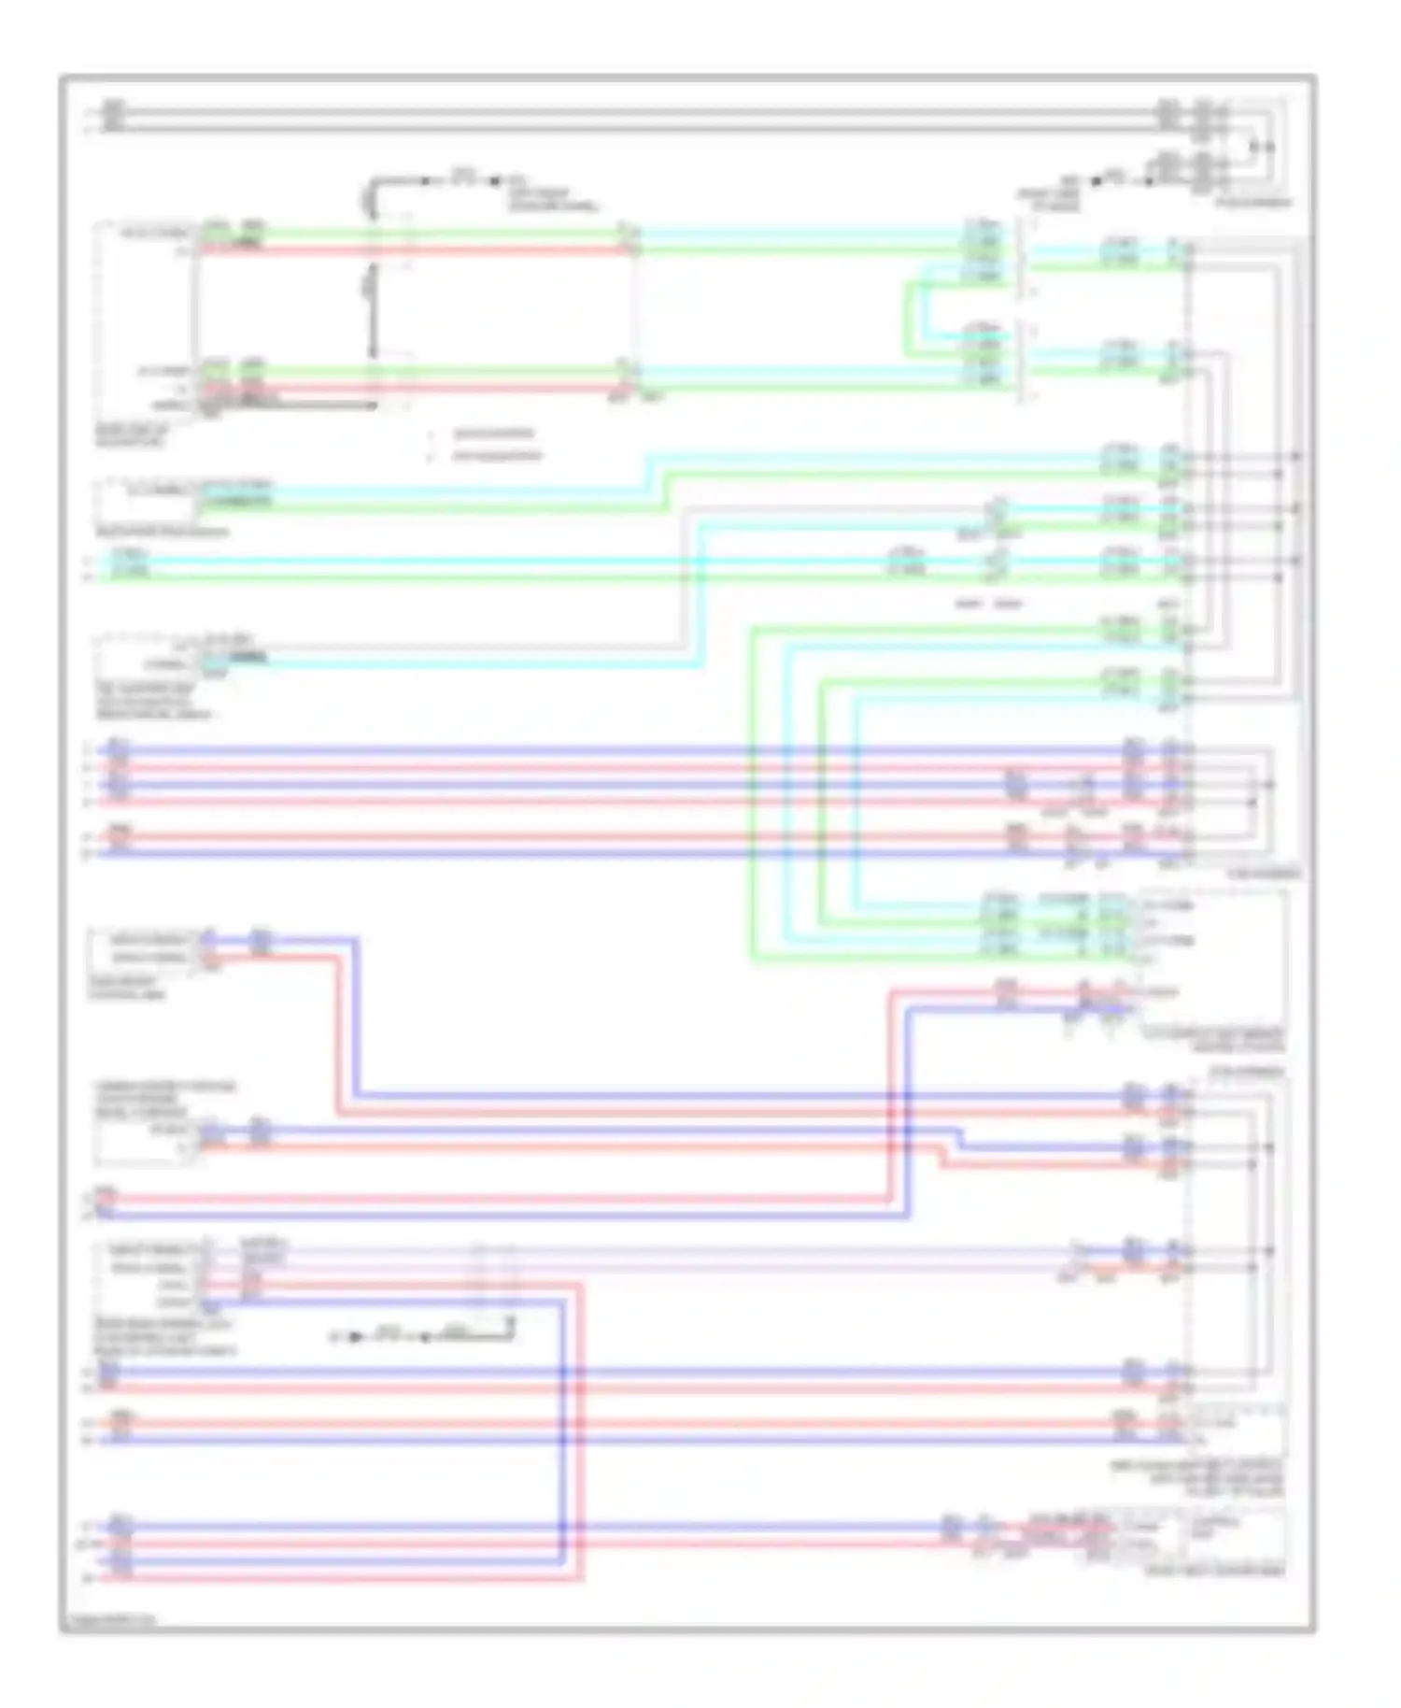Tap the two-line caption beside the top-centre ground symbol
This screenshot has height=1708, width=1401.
click(x=552, y=199)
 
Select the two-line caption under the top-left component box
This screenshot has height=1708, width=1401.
click(x=132, y=435)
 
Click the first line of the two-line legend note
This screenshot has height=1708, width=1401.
click(x=493, y=434)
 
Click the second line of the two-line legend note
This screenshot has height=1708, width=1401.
click(x=496, y=456)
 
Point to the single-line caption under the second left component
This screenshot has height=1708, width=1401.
click(x=161, y=533)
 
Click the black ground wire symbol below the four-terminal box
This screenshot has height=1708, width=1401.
click(x=420, y=1337)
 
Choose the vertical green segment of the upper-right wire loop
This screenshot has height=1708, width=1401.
click(x=905, y=318)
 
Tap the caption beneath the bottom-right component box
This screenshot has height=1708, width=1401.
click(x=1214, y=1572)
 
